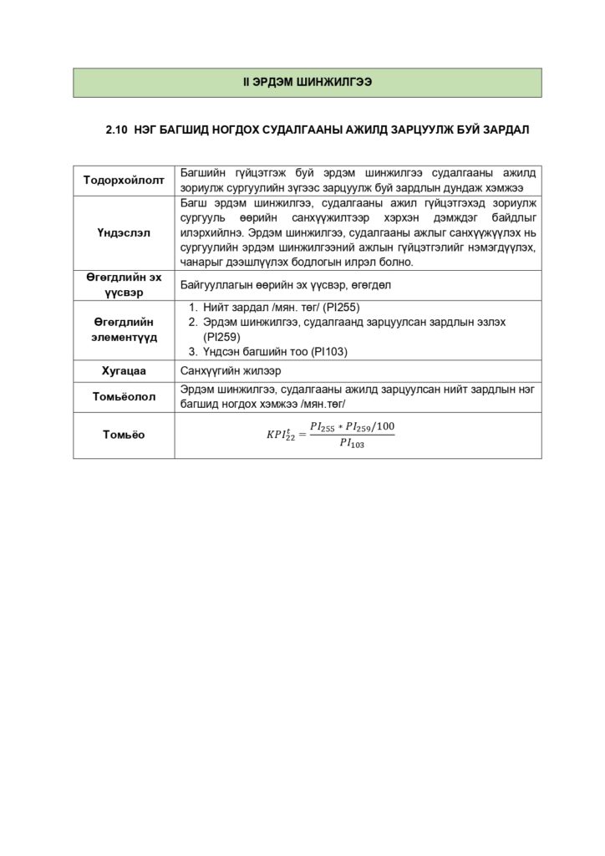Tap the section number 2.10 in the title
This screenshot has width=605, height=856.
116,130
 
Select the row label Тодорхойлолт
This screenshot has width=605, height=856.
124,181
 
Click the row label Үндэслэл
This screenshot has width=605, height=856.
124,233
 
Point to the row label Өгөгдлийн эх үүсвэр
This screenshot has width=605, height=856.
124,284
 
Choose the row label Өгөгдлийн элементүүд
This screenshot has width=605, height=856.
124,329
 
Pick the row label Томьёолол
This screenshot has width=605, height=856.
124,397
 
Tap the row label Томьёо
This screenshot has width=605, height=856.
124,435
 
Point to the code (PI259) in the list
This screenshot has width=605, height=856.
221,337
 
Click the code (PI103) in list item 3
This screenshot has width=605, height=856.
329,352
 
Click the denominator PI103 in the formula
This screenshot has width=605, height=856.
351,443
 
